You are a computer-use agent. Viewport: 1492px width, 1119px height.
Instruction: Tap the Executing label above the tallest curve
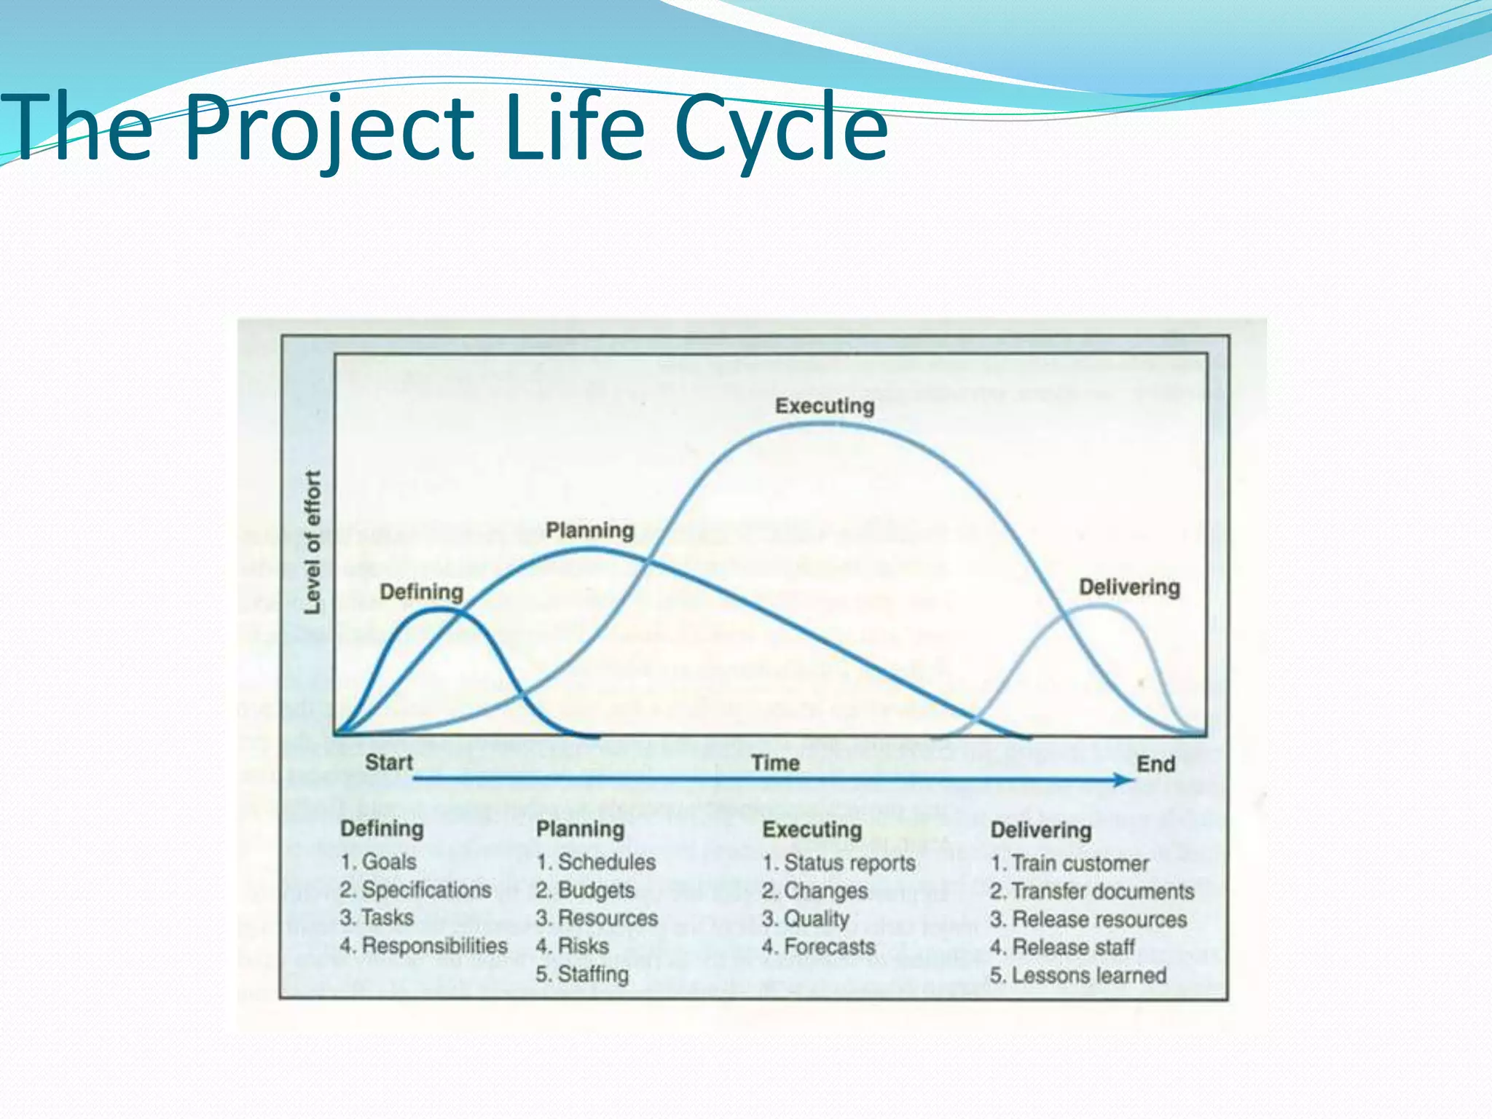point(824,406)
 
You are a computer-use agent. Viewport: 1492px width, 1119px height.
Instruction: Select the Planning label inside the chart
point(590,530)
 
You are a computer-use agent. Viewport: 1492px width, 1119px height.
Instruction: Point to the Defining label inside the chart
point(421,592)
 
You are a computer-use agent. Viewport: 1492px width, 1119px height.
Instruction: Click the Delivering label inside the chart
point(1129,587)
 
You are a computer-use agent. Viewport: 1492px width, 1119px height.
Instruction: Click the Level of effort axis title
point(313,542)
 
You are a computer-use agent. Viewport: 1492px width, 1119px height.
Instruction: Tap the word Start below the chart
point(388,763)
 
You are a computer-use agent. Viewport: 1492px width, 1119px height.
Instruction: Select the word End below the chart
point(1155,764)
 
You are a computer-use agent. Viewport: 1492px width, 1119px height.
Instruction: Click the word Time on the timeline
point(775,763)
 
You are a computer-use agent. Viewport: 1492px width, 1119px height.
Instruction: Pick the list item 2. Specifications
point(415,890)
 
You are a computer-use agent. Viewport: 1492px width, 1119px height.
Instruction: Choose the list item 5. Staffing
point(582,974)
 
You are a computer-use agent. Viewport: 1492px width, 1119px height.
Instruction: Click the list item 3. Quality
point(806,919)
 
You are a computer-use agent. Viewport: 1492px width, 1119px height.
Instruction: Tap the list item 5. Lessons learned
point(1078,975)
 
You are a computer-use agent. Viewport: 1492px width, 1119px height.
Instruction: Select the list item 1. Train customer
point(1069,863)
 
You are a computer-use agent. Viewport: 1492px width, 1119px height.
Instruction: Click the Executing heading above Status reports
point(812,830)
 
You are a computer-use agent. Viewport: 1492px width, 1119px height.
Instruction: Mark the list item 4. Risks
point(572,946)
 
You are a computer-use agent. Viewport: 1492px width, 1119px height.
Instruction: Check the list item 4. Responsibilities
point(423,946)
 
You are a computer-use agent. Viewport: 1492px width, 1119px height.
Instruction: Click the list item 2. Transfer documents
point(1091,891)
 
